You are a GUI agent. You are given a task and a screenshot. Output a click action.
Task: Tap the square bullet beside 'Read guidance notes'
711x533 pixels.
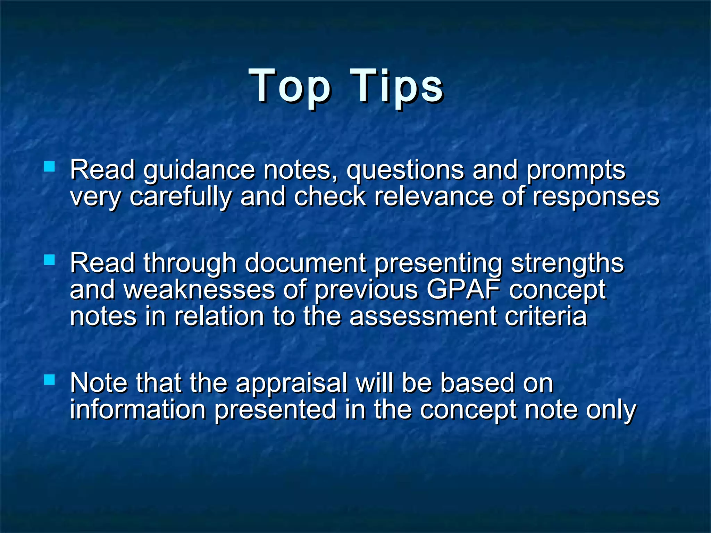(50, 167)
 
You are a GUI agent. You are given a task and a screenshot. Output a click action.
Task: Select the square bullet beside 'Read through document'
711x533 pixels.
(50, 260)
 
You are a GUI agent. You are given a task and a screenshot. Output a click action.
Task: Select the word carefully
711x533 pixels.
(181, 197)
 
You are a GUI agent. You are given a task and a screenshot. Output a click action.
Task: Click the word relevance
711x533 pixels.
(434, 197)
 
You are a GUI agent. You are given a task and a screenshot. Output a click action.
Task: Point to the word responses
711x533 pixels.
(596, 197)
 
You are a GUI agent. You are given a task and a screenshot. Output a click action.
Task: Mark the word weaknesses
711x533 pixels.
(199, 290)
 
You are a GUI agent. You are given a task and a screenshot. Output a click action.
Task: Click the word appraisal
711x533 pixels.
(292, 383)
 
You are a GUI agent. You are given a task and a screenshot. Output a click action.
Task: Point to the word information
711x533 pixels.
(138, 410)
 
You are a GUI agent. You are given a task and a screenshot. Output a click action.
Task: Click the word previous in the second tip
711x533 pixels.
(366, 290)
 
